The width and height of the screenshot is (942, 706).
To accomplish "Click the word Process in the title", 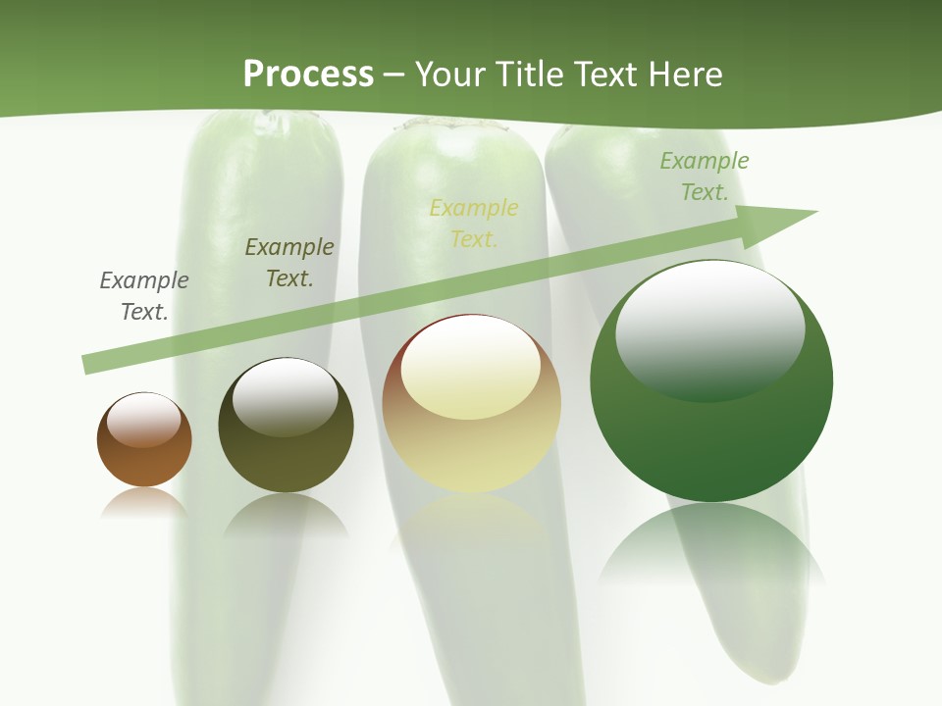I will (x=308, y=75).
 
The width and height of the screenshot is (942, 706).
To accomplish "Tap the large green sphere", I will (x=711, y=441).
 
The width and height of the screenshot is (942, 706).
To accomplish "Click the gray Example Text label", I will (x=144, y=296).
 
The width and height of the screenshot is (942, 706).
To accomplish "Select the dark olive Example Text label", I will (x=289, y=263).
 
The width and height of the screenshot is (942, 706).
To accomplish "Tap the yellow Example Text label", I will (x=474, y=224).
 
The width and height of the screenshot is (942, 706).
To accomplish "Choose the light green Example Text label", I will (x=705, y=176).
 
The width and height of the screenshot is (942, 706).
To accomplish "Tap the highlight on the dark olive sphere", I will (x=286, y=395).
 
